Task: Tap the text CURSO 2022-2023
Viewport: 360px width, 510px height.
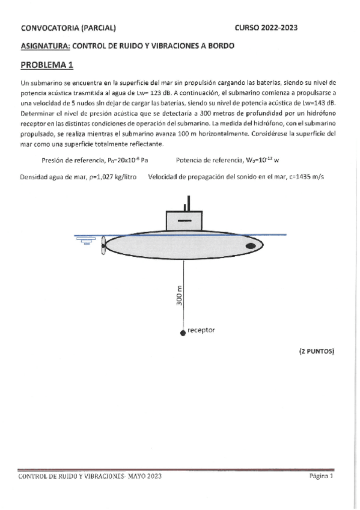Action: tap(266, 28)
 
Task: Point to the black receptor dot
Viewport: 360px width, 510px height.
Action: tap(183, 333)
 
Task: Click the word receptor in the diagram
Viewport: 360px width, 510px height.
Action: tap(201, 330)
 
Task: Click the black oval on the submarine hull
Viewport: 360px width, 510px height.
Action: tap(251, 245)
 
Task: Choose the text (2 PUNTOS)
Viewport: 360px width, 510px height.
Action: tap(316, 350)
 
